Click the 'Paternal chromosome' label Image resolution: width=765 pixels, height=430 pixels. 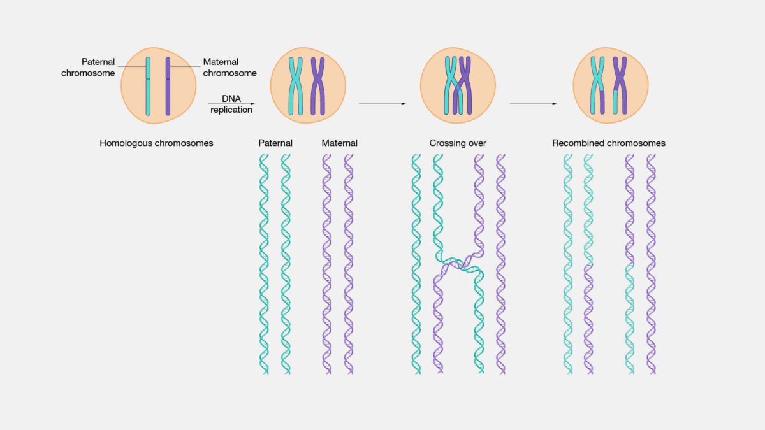click(88, 68)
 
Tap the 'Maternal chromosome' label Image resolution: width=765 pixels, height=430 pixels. click(230, 68)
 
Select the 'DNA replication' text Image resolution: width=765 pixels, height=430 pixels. click(231, 104)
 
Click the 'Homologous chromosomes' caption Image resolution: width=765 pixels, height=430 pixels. click(156, 143)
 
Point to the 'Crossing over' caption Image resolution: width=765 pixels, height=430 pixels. click(458, 143)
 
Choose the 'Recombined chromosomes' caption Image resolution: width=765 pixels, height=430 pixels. click(609, 143)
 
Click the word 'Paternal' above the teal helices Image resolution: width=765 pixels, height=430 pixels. click(275, 143)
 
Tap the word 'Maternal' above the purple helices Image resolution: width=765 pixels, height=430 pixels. click(339, 143)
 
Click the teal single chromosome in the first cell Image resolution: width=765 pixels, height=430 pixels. click(148, 86)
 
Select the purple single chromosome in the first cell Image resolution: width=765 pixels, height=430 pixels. click(168, 86)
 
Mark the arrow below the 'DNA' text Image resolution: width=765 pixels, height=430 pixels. click(231, 104)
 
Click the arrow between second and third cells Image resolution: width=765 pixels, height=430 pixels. click(382, 104)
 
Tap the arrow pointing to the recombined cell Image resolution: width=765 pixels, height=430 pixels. click(534, 104)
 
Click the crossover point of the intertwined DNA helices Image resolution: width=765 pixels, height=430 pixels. click(458, 264)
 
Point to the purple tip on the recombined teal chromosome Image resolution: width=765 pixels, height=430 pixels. click(602, 103)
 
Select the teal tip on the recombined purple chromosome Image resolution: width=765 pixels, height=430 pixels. click(615, 103)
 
